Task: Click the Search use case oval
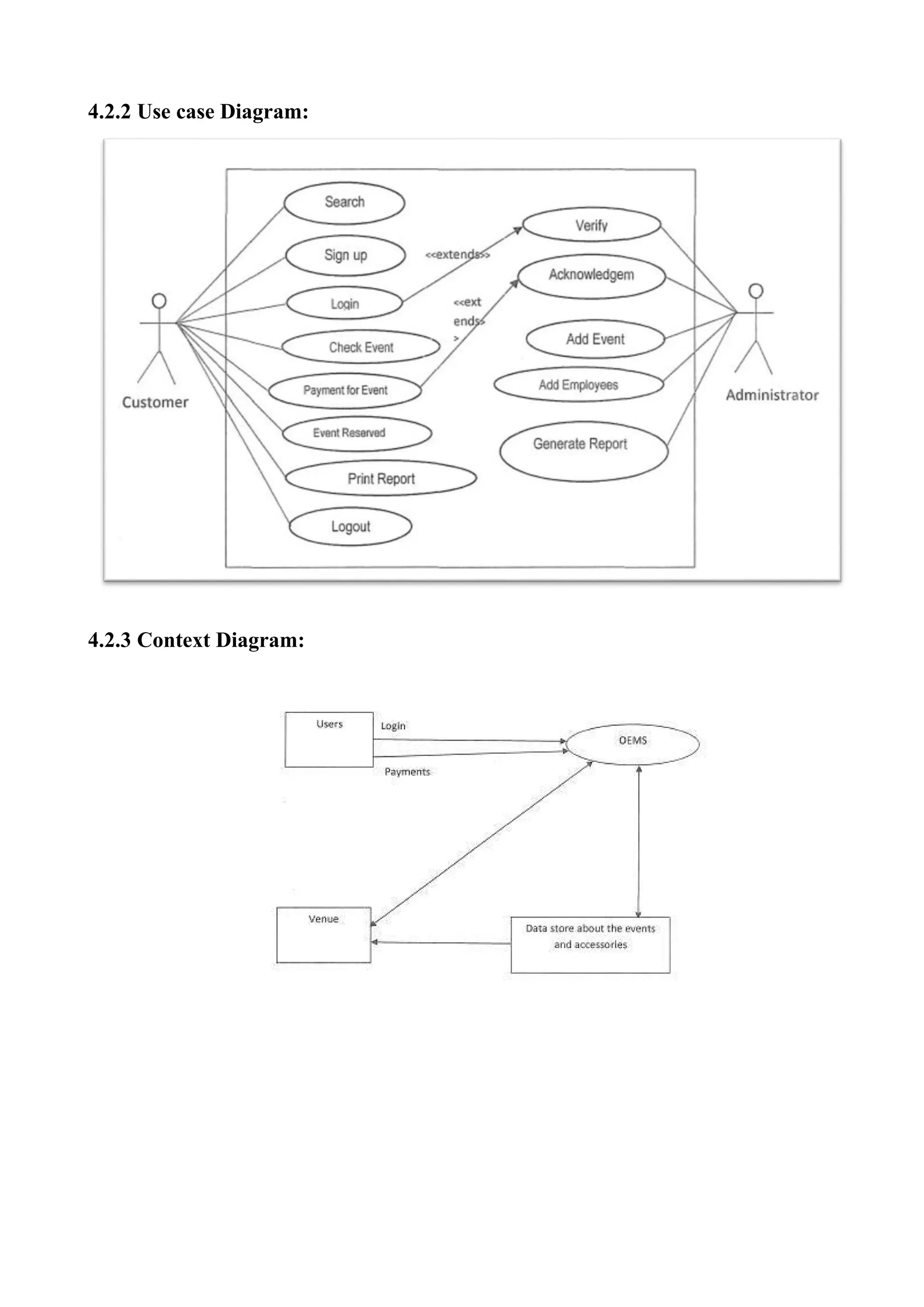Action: click(x=344, y=203)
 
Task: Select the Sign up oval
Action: click(x=345, y=255)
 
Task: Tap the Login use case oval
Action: click(x=345, y=303)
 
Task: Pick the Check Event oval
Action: click(x=361, y=347)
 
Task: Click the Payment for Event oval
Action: click(x=345, y=390)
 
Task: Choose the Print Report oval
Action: click(x=381, y=478)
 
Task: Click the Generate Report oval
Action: click(x=583, y=451)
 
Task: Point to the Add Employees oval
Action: click(x=578, y=385)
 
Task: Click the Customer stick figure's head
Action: click(x=159, y=300)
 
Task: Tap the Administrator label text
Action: click(x=772, y=395)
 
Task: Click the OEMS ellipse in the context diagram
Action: click(x=633, y=744)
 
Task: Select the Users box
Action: click(x=329, y=739)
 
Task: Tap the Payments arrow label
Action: click(x=407, y=772)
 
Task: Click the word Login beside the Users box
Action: click(x=393, y=726)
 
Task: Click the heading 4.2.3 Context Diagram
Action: click(x=196, y=640)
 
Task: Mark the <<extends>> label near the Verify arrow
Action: click(x=457, y=255)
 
